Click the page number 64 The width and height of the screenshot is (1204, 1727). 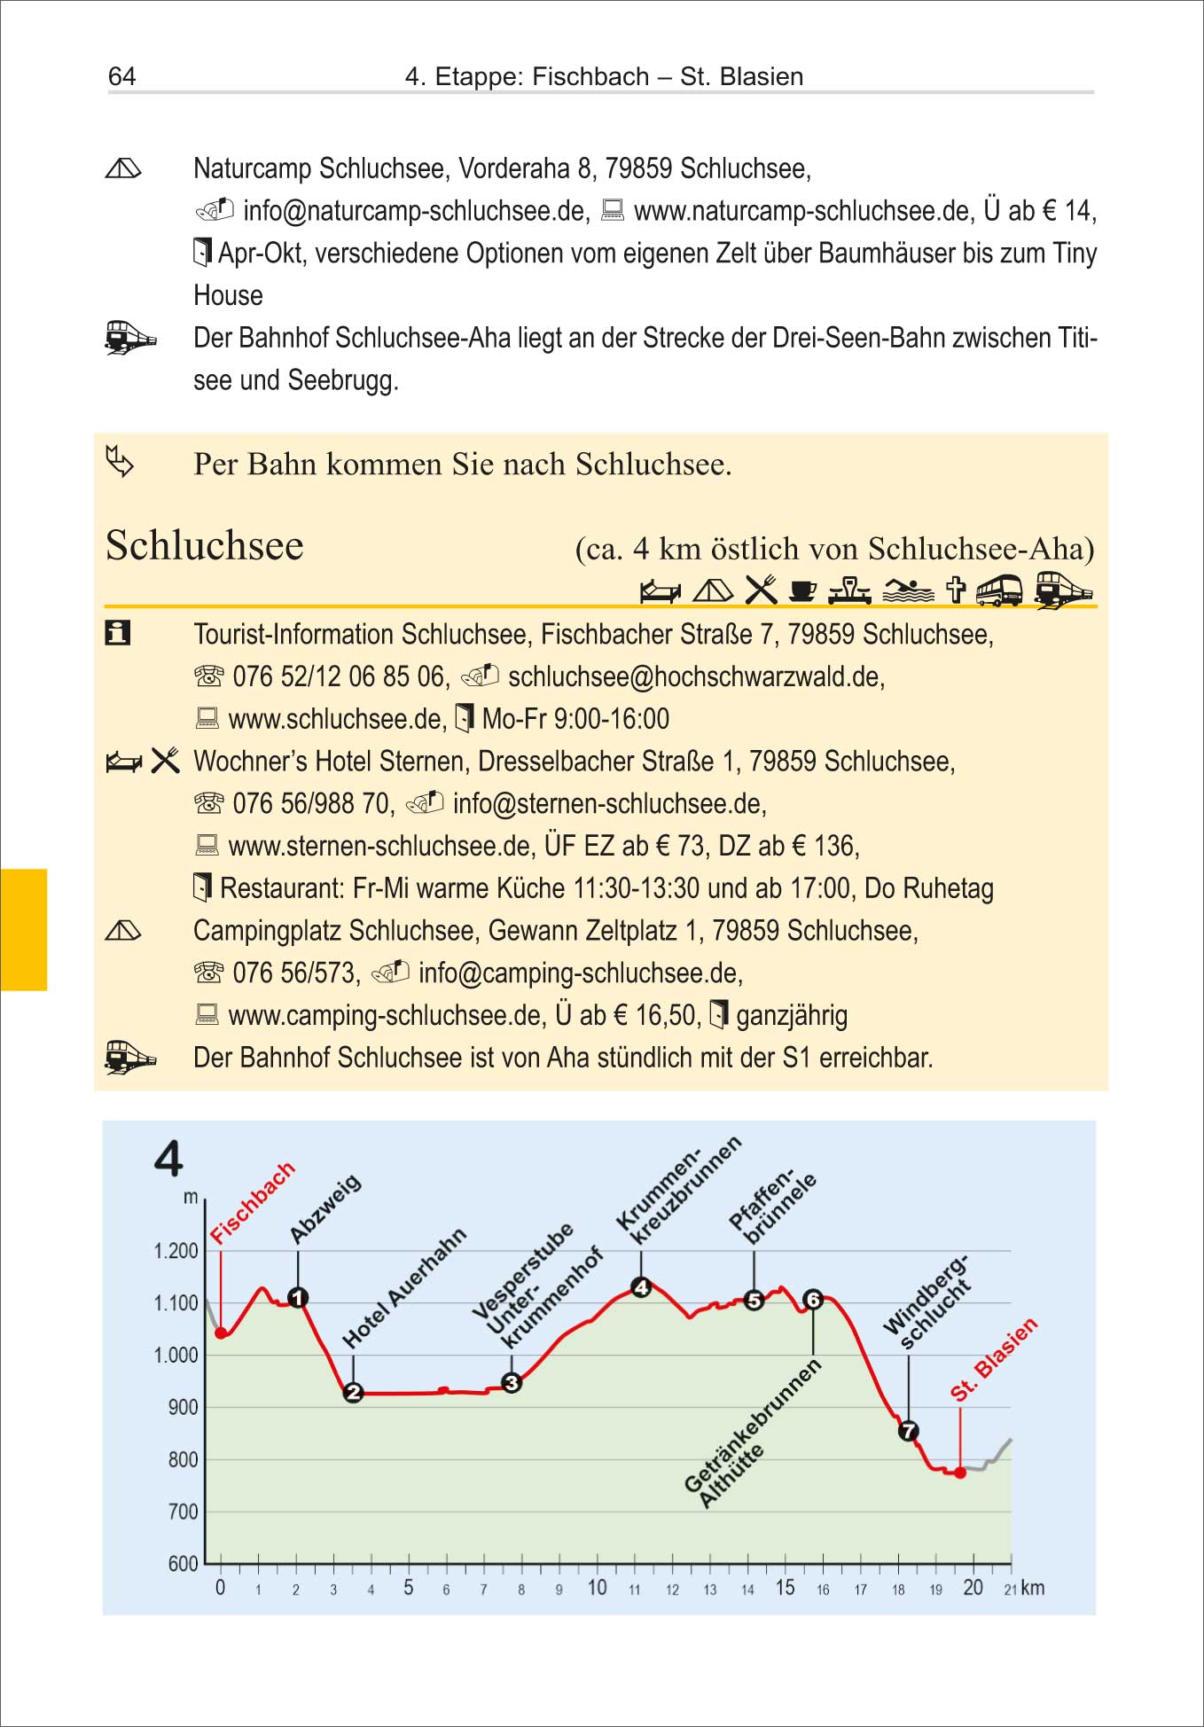pos(121,76)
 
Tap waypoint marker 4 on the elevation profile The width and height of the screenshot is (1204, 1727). pos(641,1287)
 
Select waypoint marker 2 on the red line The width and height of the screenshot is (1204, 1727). pos(353,1393)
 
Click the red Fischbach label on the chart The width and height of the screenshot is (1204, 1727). pos(252,1202)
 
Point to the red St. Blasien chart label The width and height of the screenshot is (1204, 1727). pos(993,1359)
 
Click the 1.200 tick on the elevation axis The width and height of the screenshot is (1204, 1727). pos(176,1251)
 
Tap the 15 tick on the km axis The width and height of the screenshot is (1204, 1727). pos(785,1588)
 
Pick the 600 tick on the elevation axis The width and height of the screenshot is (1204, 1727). pos(183,1564)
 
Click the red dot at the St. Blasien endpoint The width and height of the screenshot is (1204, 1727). pos(960,1473)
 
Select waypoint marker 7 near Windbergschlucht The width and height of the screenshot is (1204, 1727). pos(909,1431)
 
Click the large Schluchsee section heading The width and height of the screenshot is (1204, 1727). pos(205,545)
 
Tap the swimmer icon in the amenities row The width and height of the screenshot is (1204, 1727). pos(908,590)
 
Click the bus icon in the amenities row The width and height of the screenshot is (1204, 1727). pos(999,590)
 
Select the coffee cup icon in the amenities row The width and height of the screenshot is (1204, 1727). pos(802,590)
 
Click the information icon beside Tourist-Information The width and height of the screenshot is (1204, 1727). pos(118,633)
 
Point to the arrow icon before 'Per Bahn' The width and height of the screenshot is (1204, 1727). pos(120,462)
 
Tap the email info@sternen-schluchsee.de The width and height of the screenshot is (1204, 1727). pos(609,804)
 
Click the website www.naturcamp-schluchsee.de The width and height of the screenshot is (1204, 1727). pos(802,211)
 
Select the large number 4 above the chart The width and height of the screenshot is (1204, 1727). pos(168,1159)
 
